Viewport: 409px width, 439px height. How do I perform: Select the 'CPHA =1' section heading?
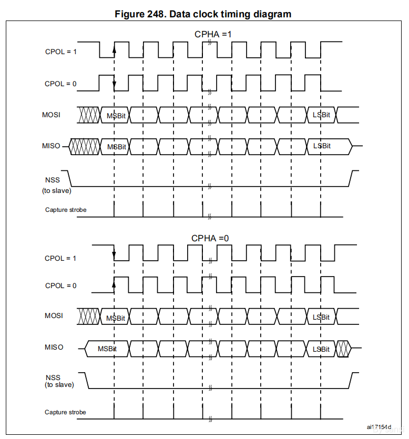point(213,34)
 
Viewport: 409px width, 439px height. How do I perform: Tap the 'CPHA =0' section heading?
point(210,238)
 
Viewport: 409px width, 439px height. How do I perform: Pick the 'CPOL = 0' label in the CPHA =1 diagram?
point(61,84)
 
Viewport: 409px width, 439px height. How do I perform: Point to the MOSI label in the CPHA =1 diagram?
point(51,114)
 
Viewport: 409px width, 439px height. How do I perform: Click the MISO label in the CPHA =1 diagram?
point(51,146)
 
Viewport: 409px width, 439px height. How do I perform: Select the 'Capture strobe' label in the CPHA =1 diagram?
point(66,210)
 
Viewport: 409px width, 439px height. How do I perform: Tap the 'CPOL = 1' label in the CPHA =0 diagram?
point(60,258)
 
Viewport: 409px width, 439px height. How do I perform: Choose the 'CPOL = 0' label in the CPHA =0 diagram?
point(60,285)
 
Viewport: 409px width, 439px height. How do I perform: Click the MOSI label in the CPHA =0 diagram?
point(54,315)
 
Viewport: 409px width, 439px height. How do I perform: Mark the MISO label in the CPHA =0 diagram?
point(54,347)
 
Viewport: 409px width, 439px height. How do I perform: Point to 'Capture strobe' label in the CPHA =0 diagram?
point(65,412)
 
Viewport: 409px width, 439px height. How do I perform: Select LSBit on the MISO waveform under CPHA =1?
point(322,146)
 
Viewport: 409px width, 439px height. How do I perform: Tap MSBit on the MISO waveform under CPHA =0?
point(107,349)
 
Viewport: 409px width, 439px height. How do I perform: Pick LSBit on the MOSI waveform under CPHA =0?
point(321,317)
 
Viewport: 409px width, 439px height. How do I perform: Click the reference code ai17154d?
point(380,427)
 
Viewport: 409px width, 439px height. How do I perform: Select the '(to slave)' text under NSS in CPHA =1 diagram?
point(57,190)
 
